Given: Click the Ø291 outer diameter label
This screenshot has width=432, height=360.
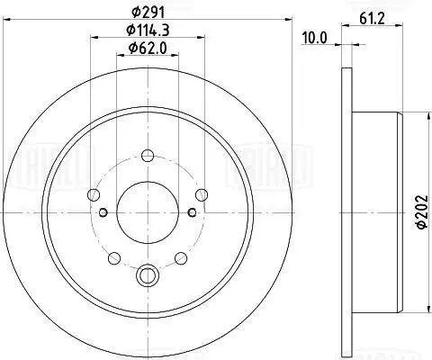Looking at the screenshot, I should click(149, 13).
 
